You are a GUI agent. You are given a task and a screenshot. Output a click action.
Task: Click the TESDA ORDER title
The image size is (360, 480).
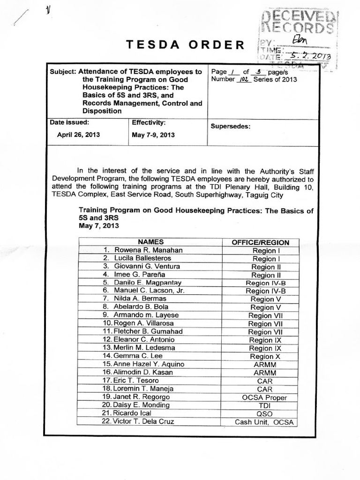[x=185, y=45]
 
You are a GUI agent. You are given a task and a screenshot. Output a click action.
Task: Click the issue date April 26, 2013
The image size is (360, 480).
[x=78, y=135]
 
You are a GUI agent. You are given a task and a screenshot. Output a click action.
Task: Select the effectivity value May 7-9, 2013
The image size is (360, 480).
[x=153, y=135]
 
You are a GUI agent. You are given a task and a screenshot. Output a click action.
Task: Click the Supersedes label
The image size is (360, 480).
[x=231, y=126]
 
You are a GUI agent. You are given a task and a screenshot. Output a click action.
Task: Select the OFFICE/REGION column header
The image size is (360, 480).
[x=261, y=242]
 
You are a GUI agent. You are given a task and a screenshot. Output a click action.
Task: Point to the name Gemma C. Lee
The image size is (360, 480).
[x=136, y=356]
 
